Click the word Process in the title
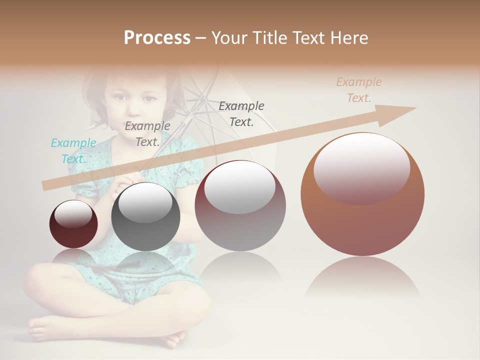coord(157,38)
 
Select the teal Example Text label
coord(73,150)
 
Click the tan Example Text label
coord(358,90)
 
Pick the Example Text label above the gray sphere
coord(147,133)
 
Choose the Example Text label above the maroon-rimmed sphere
coord(241,113)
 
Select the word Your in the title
coord(230,38)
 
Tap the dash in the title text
coord(200,38)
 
